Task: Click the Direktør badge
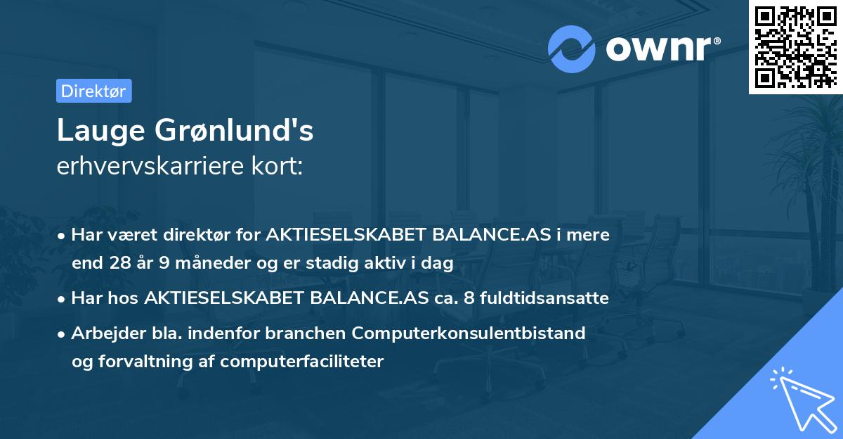point(93,91)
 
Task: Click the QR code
point(795,46)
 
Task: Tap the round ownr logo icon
point(571,49)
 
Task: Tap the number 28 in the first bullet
point(117,263)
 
